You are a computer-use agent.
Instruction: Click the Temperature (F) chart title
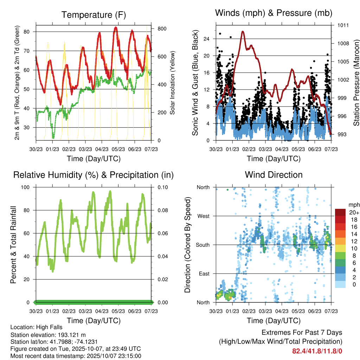(94, 15)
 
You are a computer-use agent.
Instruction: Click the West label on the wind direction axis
(204, 216)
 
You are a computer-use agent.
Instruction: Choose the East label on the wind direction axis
(204, 274)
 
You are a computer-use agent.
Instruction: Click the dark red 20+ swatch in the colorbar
(341, 212)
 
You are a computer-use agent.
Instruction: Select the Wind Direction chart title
(274, 175)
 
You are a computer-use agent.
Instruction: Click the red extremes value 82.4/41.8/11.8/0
(317, 351)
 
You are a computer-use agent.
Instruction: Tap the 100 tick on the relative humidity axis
(29, 187)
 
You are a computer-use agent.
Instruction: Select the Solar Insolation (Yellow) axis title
(172, 83)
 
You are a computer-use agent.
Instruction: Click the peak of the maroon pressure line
(243, 32)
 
